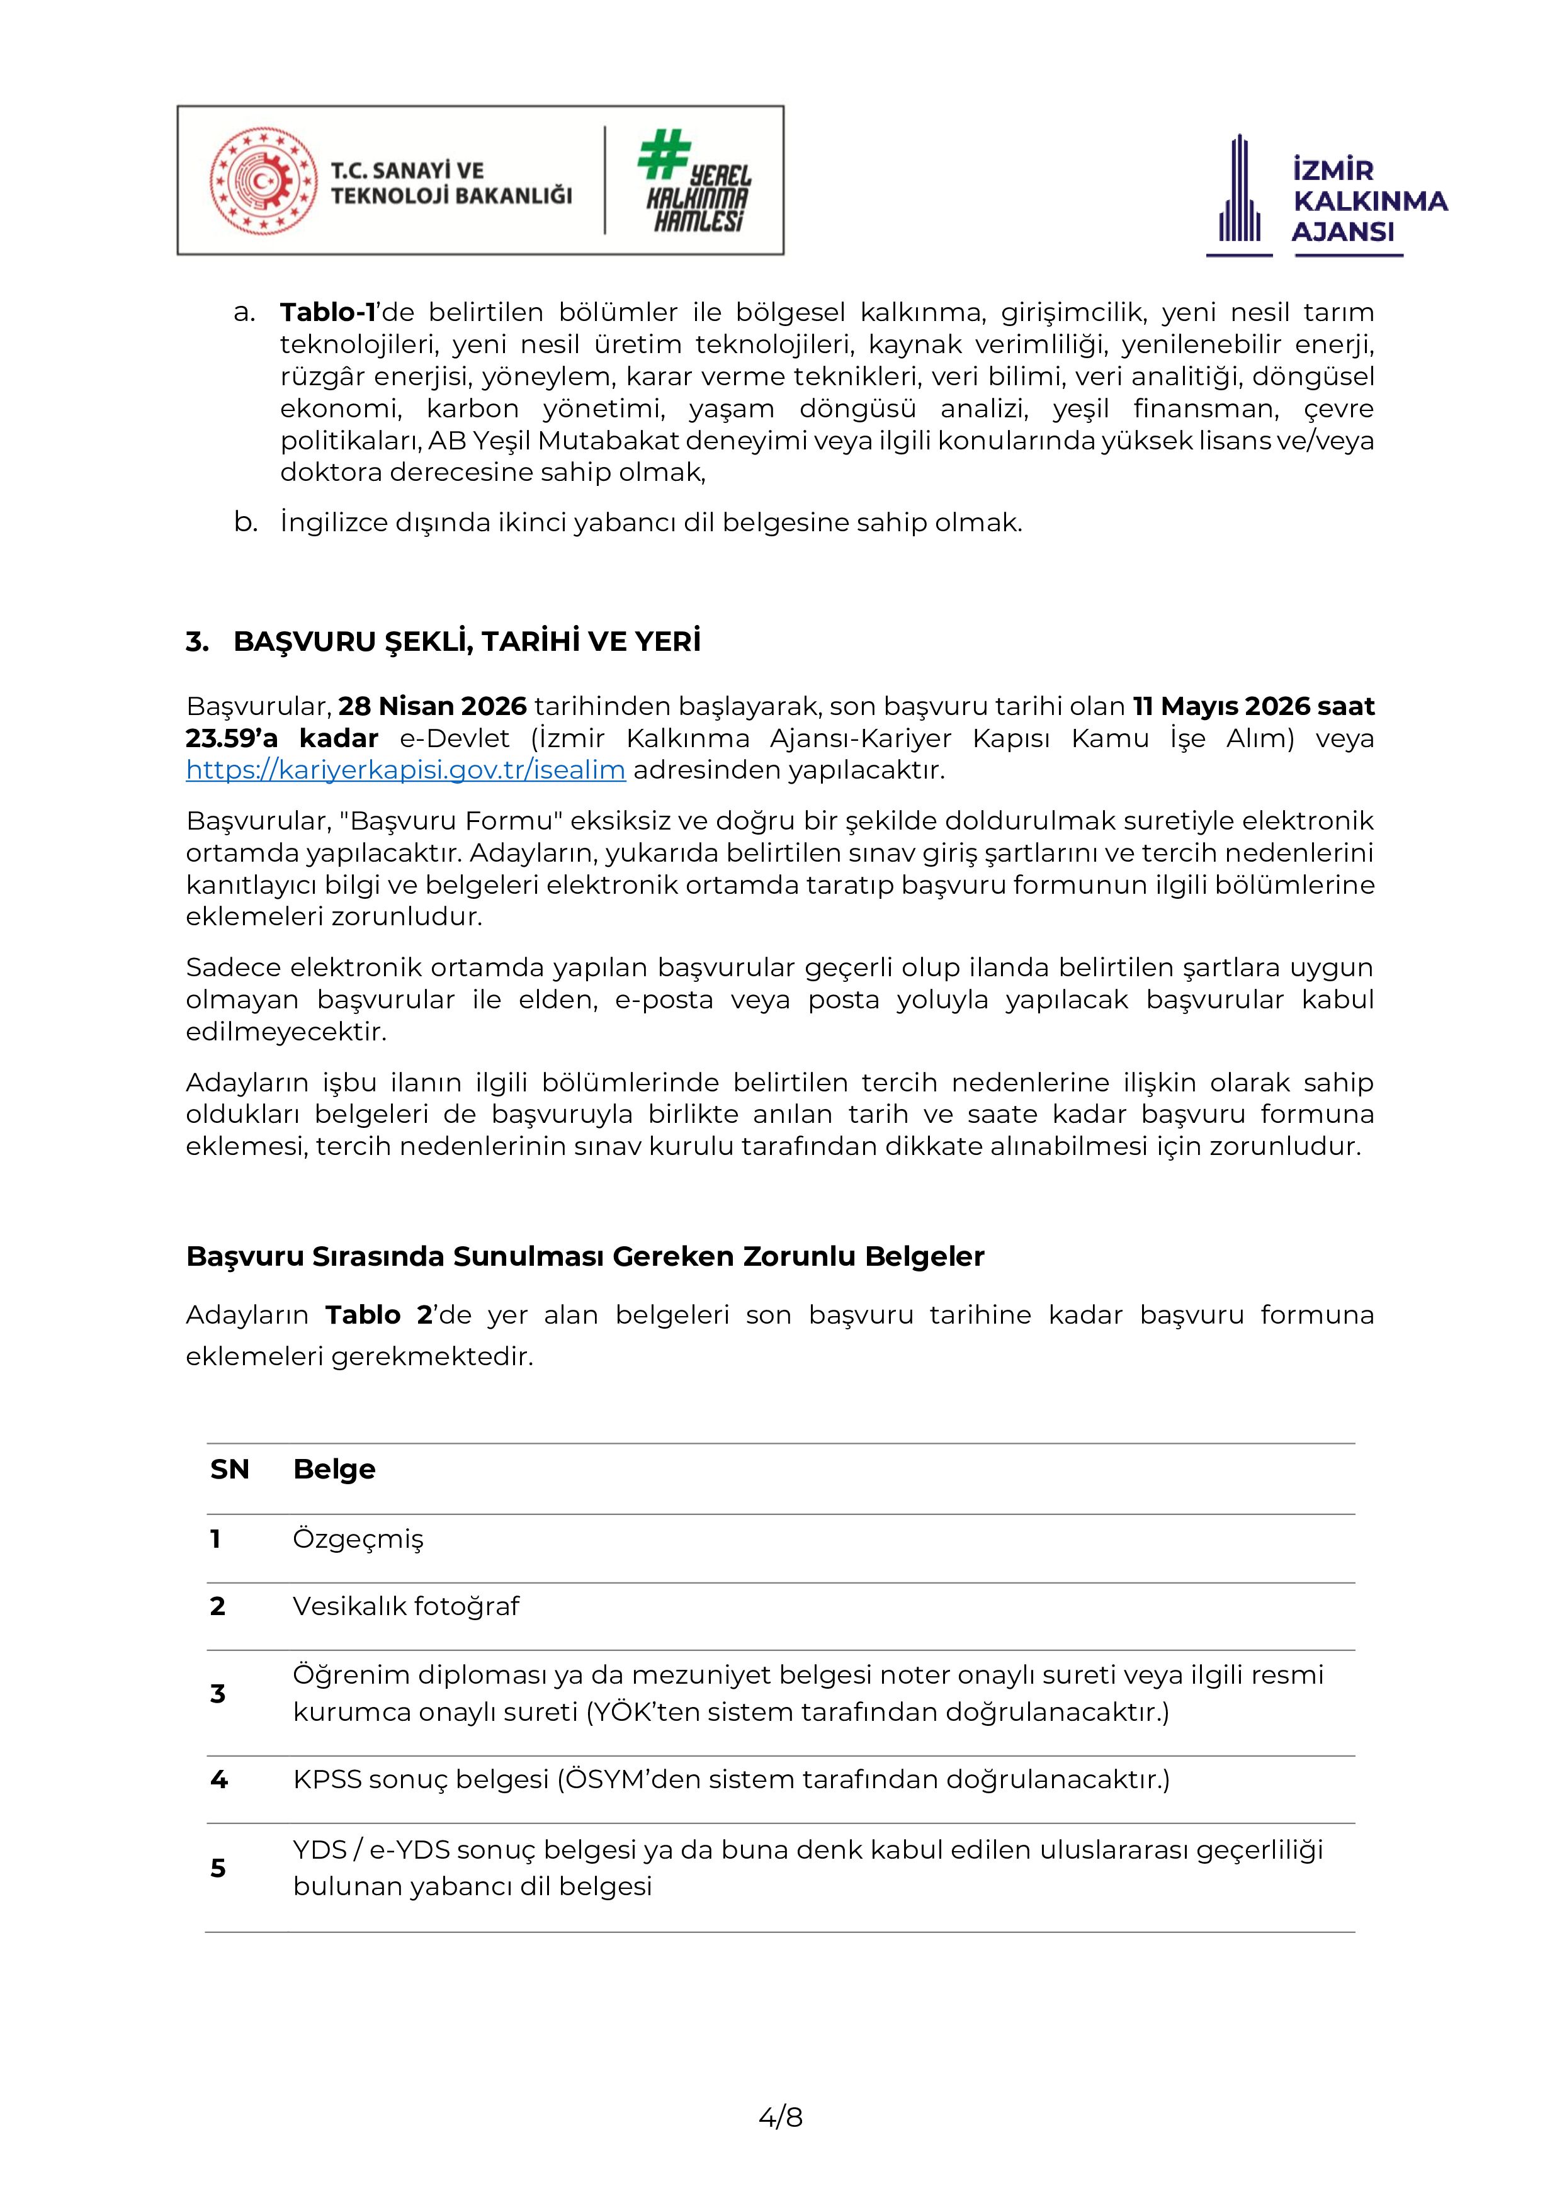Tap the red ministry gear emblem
pos(263,181)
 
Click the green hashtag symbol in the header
pos(663,156)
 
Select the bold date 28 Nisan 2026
pos(433,707)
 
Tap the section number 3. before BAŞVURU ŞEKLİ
pos(197,643)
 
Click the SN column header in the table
pos(229,1470)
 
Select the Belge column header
pos(334,1470)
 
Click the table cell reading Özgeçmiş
pos(358,1540)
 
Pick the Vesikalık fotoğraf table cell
pos(406,1607)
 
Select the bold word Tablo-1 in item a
pos(327,313)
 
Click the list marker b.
pos(246,523)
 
